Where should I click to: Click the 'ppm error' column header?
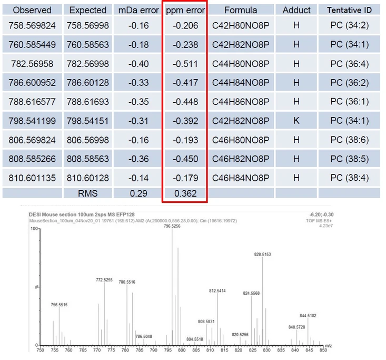pos(185,10)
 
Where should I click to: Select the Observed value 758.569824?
pos(32,25)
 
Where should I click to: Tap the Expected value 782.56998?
pos(88,64)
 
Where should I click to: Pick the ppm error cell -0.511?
pos(185,64)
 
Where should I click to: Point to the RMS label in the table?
pos(87,193)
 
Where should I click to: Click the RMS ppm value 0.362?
pos(185,193)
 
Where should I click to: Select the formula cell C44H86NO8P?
pos(241,102)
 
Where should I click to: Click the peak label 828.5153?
pos(263,254)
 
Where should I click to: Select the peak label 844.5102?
pos(308,316)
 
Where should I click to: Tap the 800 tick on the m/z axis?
pos(182,349)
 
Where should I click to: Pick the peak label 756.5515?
pos(59,304)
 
